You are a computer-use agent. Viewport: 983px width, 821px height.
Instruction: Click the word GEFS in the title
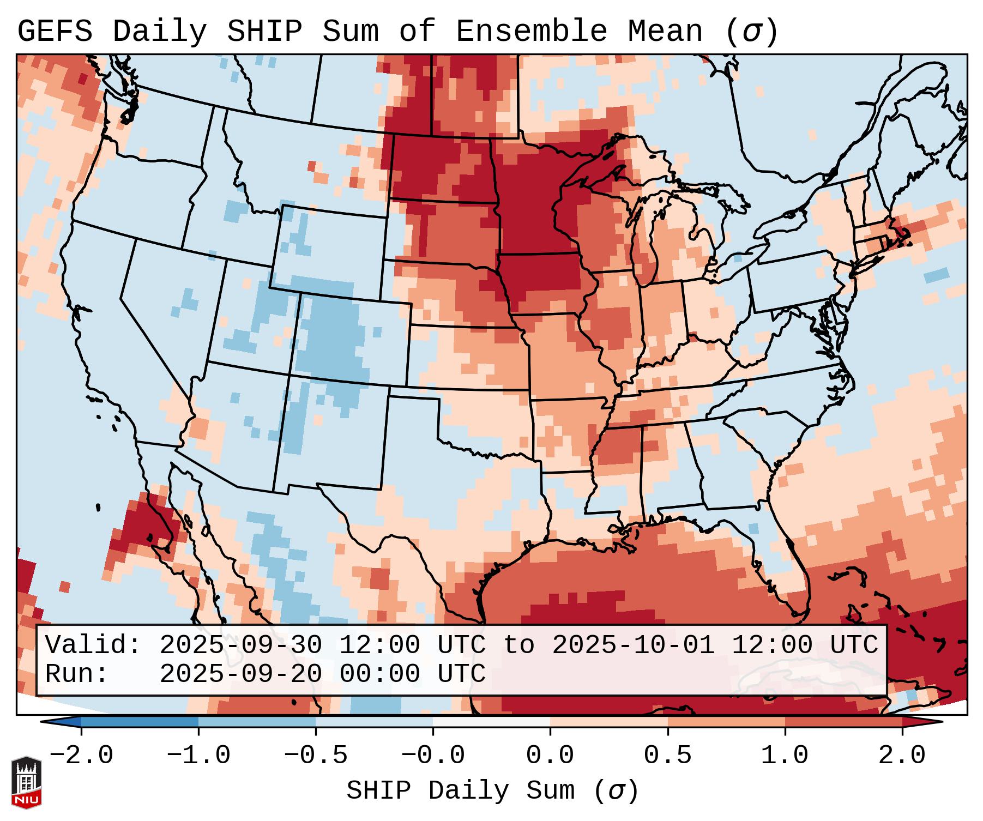click(55, 32)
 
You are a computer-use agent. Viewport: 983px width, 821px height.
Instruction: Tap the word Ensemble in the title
click(530, 32)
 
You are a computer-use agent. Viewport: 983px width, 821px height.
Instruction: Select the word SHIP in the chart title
click(264, 32)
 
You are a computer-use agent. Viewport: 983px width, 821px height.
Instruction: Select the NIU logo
click(26, 782)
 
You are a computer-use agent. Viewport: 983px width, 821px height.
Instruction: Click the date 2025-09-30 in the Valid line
click(241, 645)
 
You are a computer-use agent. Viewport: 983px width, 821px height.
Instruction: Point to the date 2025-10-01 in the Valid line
click(634, 645)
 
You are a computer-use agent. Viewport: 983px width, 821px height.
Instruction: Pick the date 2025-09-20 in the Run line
click(241, 674)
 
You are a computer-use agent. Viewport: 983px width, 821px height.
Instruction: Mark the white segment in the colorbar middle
click(491, 722)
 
